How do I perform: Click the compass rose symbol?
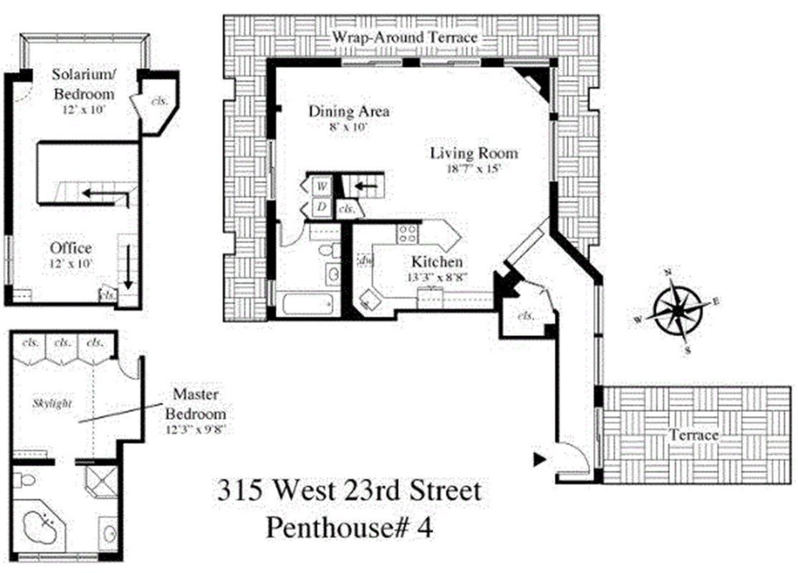pos(676,311)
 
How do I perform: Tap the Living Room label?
pos(473,153)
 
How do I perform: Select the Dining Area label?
pos(349,112)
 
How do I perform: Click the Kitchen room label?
pos(436,262)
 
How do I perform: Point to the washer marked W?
pos(322,186)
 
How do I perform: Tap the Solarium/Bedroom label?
pos(85,84)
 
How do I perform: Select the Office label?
pos(71,249)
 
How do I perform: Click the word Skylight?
pos(52,404)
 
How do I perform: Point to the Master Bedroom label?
pos(196,405)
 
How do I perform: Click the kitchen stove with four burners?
pos(409,232)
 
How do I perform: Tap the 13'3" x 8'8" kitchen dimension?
pos(436,276)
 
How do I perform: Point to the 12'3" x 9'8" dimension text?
pos(196,430)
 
